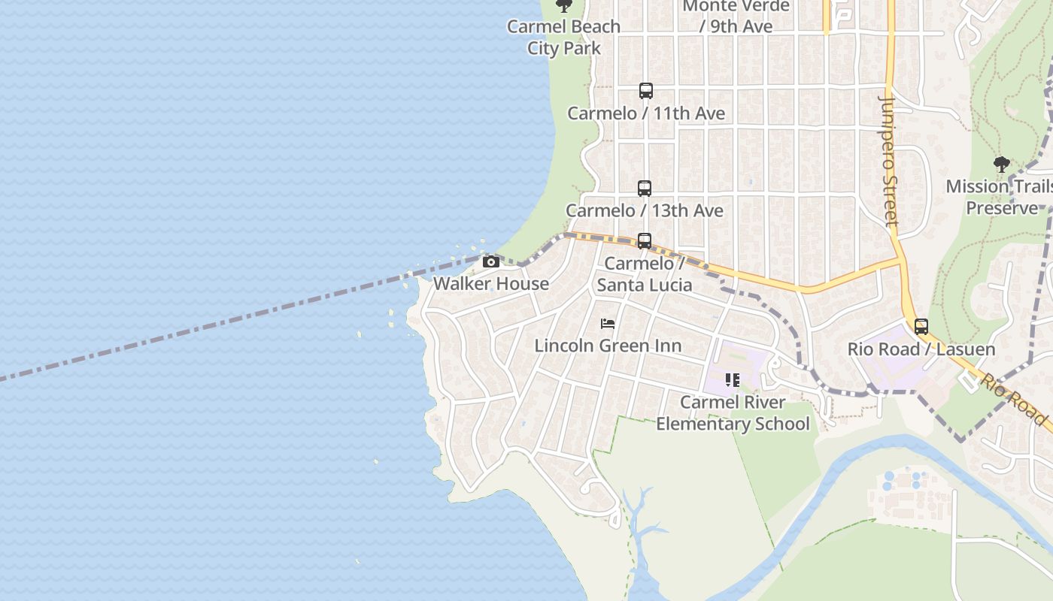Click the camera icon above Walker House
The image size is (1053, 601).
coord(491,261)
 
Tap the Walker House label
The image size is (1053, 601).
coord(491,284)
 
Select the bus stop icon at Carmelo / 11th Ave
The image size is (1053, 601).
coord(645,91)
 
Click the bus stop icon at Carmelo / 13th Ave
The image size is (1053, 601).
coord(645,189)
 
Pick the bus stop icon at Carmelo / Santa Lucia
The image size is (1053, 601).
coord(645,241)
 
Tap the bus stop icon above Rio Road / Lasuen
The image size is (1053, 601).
coord(921,327)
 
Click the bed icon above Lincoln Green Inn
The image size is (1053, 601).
coord(608,324)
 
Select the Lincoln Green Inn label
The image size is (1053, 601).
coord(608,346)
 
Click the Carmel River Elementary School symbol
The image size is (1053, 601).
coord(733,380)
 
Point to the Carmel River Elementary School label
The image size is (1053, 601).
coord(733,413)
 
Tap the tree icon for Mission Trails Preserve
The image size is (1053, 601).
coord(1001,165)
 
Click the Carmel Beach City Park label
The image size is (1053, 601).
coord(563,38)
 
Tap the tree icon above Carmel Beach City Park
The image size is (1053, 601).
coord(563,6)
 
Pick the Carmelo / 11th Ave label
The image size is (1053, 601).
coord(645,113)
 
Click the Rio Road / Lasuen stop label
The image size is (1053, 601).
coord(921,349)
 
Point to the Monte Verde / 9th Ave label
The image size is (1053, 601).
coord(736,17)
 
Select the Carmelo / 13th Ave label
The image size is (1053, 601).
coord(645,211)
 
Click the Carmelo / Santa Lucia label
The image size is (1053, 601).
coord(645,274)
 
